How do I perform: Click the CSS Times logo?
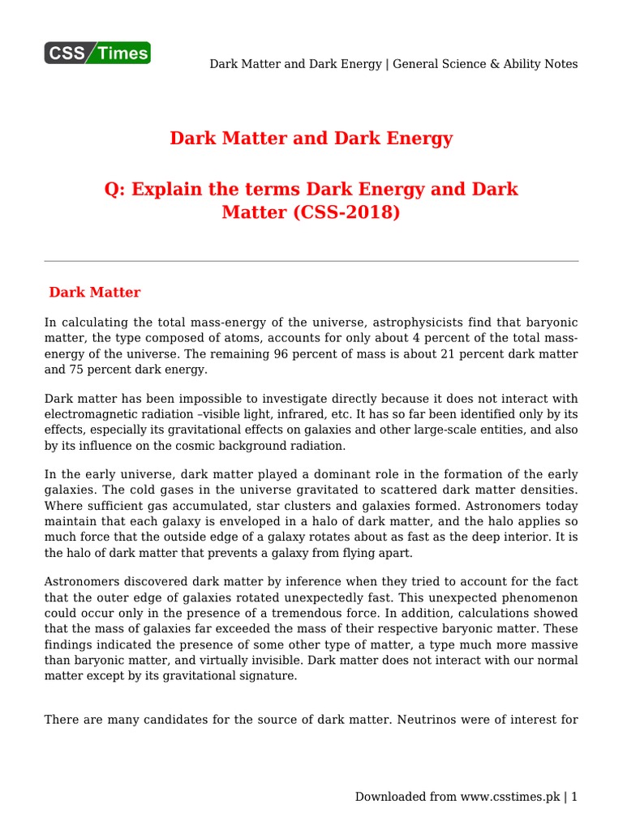click(x=97, y=53)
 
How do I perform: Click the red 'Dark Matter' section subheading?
click(x=95, y=292)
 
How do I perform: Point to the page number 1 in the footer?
click(x=574, y=797)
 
